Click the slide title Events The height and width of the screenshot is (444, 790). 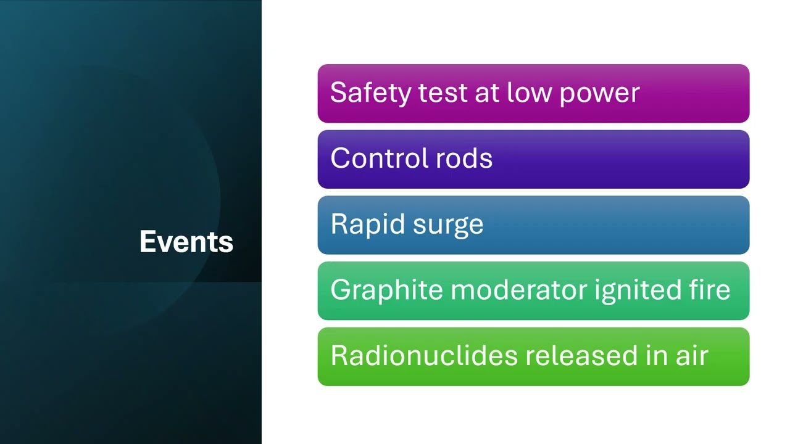click(186, 242)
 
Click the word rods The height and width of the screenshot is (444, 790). click(464, 158)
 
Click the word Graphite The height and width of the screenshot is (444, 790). click(387, 290)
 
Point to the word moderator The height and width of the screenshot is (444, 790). click(519, 290)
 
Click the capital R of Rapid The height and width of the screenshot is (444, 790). click(337, 224)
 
